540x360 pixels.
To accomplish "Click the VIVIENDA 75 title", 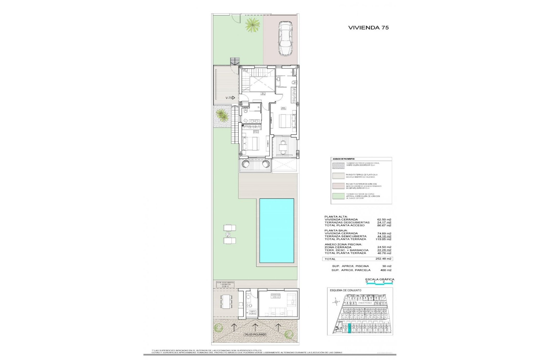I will click(368, 28).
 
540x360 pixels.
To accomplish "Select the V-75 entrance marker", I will click(230, 98).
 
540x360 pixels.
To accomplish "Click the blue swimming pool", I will click(276, 231).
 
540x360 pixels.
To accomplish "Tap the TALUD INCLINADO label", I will click(255, 334).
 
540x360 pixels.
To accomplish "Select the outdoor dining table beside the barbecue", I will click(226, 301).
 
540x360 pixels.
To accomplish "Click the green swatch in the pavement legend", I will click(338, 196).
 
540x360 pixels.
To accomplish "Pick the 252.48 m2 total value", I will click(383, 259).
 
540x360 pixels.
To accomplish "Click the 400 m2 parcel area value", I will click(385, 270).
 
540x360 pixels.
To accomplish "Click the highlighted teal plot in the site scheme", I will click(350, 328).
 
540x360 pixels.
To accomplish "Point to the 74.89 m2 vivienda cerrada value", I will click(384, 233).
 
